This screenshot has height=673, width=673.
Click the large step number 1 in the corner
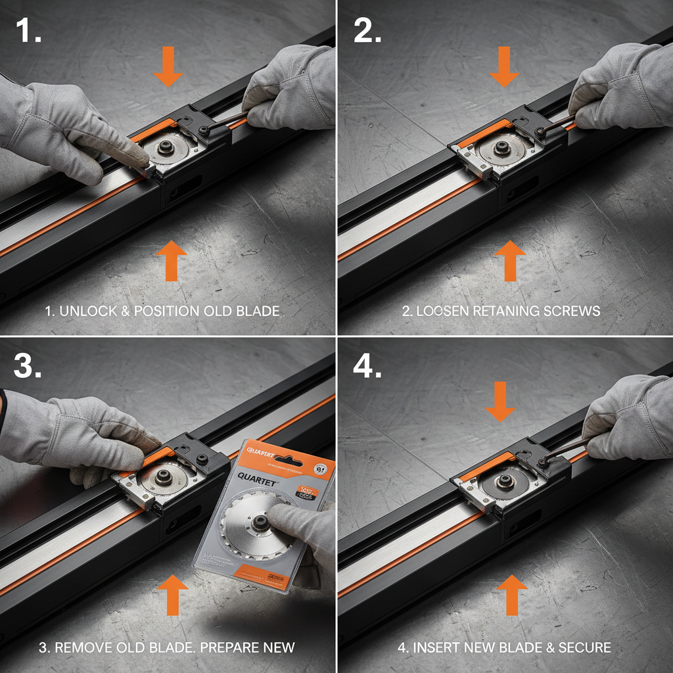pyautogui.click(x=27, y=30)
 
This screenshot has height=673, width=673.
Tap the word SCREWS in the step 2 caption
pyautogui.click(x=571, y=311)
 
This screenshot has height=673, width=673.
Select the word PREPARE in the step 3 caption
pyautogui.click(x=227, y=647)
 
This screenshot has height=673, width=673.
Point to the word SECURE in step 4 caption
pyautogui.click(x=584, y=647)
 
